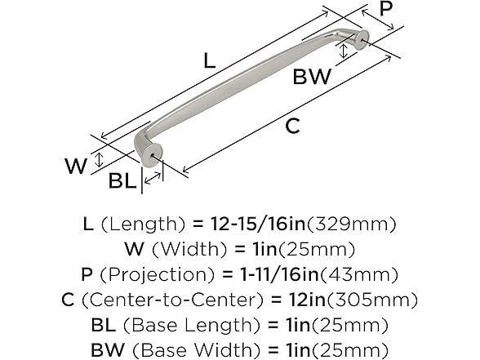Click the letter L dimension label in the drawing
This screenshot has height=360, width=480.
click(210, 60)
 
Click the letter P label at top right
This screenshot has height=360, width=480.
click(387, 9)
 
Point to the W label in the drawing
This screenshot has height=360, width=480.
click(76, 167)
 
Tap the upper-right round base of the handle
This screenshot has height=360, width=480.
click(359, 38)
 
